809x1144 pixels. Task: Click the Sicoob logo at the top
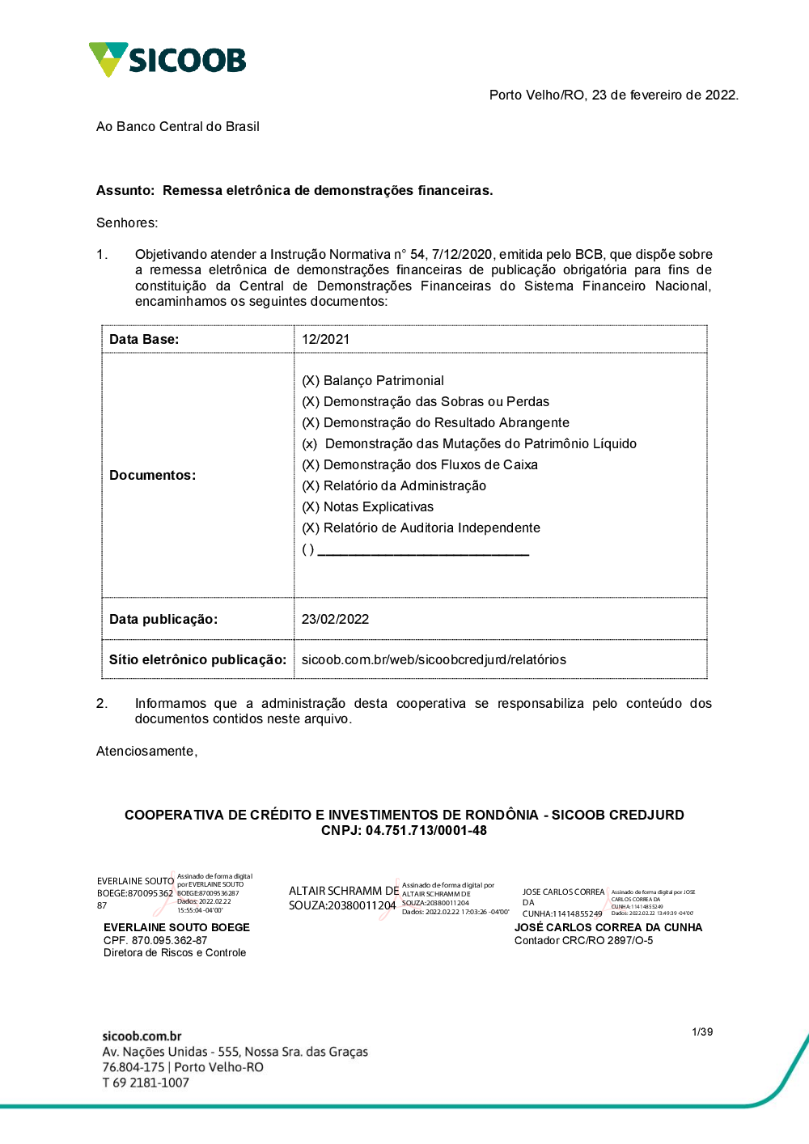pos(167,60)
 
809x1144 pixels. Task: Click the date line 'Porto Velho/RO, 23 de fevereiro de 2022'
pos(613,95)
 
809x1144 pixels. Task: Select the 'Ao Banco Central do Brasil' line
pos(178,127)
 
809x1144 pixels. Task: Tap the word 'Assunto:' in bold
pos(125,191)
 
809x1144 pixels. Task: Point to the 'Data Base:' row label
pos(144,340)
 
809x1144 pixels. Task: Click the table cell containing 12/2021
pos(326,340)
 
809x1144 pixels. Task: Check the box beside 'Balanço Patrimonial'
pos(311,381)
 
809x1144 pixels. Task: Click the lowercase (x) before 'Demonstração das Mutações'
pos(310,444)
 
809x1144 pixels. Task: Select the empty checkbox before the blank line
pos(308,549)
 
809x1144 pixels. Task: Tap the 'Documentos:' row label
pos(153,476)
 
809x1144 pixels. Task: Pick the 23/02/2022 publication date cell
pos(335,620)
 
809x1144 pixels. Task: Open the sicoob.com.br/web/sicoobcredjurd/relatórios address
pos(434,660)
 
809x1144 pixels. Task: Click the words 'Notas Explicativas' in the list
pos(379,507)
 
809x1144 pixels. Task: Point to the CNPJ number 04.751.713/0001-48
pos(426,831)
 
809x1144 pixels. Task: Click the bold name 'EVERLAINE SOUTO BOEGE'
pos(176,928)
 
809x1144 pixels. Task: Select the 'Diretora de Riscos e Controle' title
pos(175,953)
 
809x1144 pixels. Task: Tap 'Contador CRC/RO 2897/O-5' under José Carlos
pos(583,941)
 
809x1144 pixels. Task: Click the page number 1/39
pos(702,1032)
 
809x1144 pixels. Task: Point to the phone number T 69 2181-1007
pos(146,1083)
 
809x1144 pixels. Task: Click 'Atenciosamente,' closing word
pos(146,752)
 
